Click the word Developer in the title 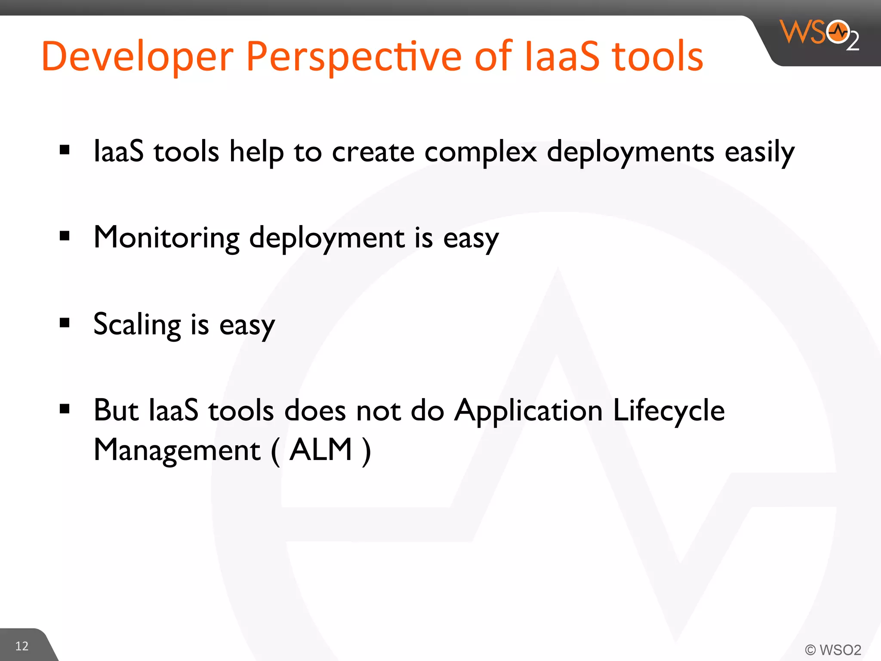click(137, 57)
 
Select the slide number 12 click(22, 646)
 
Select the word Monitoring click(166, 238)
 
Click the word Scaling click(137, 324)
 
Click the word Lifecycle click(668, 411)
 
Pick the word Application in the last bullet click(528, 411)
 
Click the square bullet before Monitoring click(65, 236)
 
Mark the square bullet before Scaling click(65, 322)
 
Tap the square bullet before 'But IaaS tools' click(65, 408)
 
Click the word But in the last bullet click(116, 411)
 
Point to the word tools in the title click(657, 57)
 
